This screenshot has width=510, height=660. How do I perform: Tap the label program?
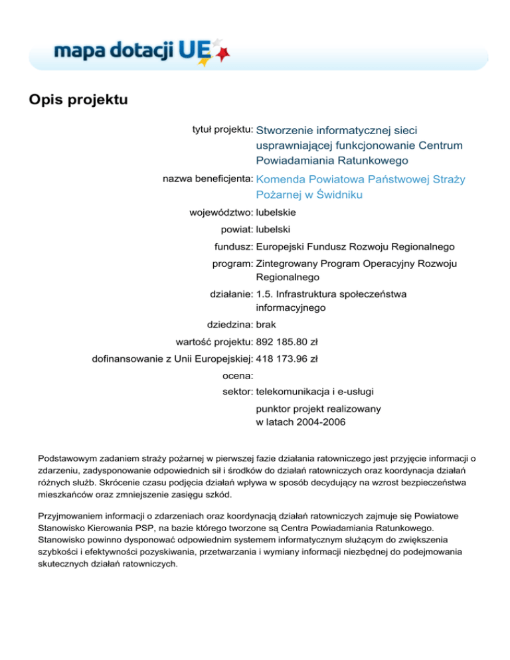pos(232,263)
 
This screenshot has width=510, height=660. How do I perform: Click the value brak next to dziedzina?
pos(266,325)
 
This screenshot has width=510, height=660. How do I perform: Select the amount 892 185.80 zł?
pos(287,343)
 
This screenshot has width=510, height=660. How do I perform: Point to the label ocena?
pos(236,376)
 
